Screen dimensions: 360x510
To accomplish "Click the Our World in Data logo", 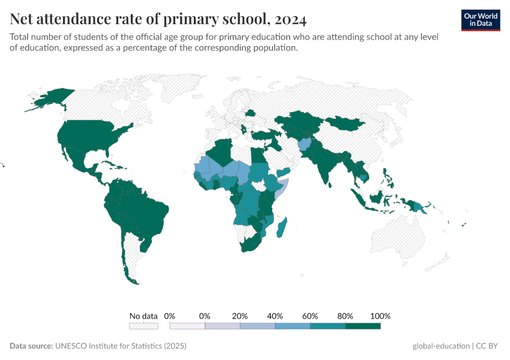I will pos(481,20).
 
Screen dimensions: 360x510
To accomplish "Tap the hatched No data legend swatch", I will pos(143,326).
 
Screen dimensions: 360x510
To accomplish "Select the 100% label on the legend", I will pos(380,316).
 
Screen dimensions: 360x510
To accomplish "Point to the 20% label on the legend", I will pos(240,316).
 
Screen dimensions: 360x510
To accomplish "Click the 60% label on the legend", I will pos(310,316).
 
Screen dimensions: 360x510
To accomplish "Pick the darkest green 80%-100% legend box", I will pos(363,326).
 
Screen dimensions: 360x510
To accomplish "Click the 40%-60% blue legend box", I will pos(293,326).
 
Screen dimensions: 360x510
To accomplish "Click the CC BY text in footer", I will pos(489,346).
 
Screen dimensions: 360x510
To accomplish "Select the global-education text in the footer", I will pos(441,346).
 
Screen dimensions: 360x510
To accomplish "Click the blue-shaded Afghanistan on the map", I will pos(305,146).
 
